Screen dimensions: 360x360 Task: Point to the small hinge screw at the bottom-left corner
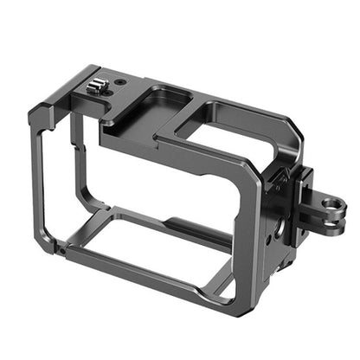60,248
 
